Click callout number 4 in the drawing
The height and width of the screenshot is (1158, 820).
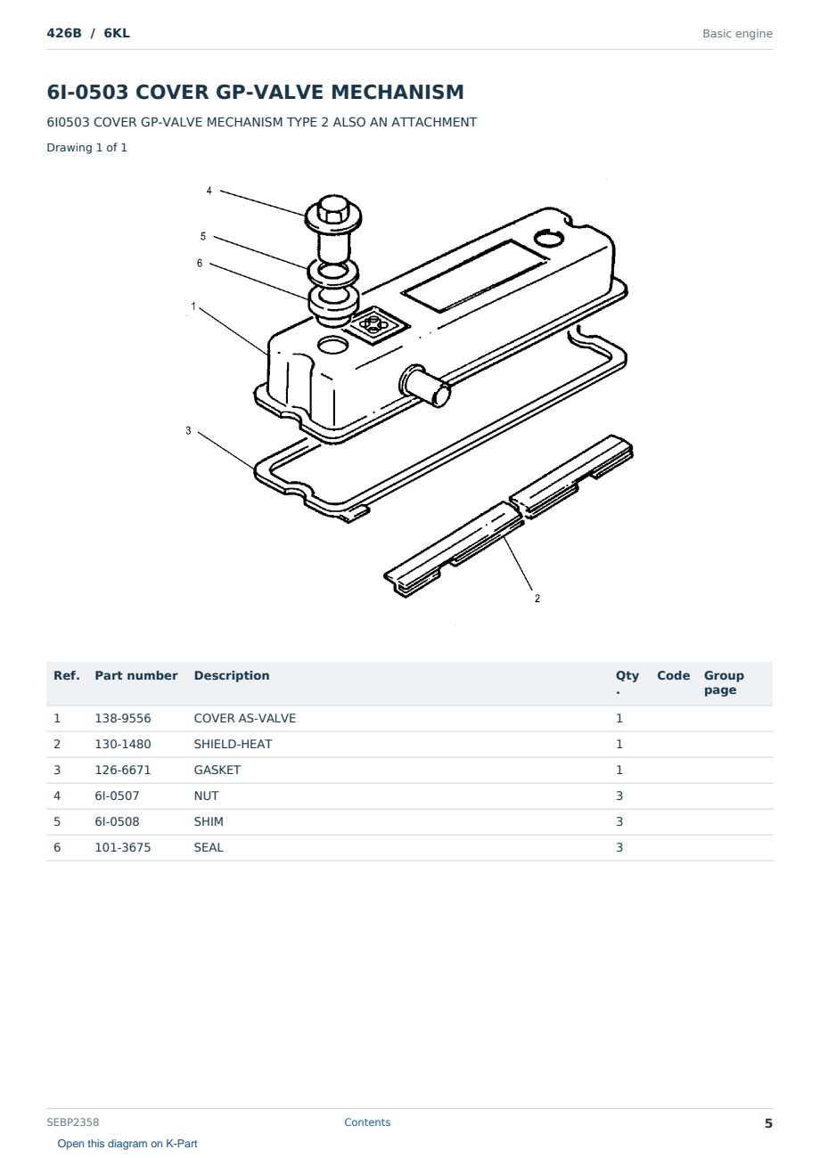coord(209,191)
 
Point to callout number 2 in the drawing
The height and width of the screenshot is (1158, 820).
coord(537,598)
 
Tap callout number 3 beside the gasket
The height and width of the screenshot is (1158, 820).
coord(188,430)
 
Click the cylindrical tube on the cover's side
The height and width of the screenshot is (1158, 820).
coord(425,386)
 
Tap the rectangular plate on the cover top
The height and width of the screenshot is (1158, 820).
coord(475,275)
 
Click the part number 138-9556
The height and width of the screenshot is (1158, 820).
coord(123,718)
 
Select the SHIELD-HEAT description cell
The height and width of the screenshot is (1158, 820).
coord(233,744)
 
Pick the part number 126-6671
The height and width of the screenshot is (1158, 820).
coord(123,770)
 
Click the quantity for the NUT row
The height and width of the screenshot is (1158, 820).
coord(619,795)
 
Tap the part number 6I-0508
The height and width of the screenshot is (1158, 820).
coord(117,821)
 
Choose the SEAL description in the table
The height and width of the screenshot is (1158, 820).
coord(209,847)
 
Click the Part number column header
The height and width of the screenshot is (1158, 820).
coord(136,675)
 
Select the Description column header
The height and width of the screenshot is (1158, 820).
coord(232,675)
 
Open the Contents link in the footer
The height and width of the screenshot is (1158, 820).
coord(367,1121)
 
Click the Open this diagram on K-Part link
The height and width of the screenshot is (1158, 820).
coord(127,1144)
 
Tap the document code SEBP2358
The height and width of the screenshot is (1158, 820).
coord(73,1121)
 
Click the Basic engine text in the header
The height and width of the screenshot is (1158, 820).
coord(737,34)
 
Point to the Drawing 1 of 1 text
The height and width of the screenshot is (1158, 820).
coord(87,147)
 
